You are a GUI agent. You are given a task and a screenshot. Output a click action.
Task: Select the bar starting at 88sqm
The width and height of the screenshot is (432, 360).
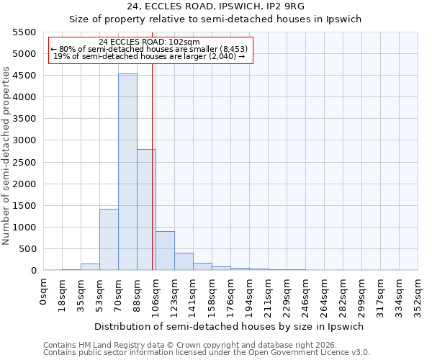146,210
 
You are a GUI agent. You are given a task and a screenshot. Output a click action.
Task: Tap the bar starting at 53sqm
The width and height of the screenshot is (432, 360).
109,239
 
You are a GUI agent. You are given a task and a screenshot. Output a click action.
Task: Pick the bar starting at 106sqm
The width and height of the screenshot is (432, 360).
165,251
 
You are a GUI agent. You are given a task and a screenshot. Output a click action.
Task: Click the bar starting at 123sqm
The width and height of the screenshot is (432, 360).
184,261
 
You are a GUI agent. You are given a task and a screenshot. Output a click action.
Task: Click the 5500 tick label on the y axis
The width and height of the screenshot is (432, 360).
24,32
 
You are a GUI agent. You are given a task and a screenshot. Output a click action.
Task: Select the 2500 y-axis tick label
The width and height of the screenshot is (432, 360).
24,163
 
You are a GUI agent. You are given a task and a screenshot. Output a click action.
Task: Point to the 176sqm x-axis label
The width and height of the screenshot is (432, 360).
231,292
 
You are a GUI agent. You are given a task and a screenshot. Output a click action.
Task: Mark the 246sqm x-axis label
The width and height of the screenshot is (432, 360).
305,292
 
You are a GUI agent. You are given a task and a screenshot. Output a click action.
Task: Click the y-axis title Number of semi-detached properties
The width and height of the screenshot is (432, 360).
6,156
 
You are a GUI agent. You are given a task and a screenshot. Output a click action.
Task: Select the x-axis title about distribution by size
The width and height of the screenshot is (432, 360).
231,326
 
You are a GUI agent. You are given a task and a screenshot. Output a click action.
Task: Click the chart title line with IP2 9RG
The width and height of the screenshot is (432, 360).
215,6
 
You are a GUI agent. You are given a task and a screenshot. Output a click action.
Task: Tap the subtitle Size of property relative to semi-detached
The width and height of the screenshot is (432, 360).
215,19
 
